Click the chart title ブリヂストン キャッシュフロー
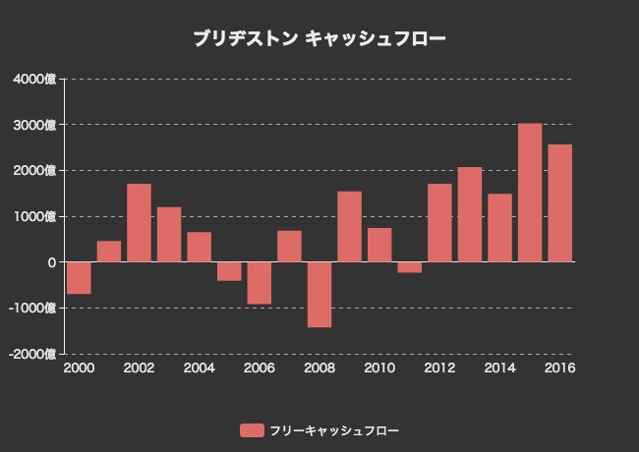[319, 39]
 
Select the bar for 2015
[530, 193]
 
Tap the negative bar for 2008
[319, 294]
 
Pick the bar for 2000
[79, 278]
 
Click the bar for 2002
[139, 223]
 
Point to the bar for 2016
[560, 203]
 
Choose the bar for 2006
[260, 283]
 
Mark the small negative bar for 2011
[410, 267]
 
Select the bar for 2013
[470, 214]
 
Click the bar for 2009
[350, 227]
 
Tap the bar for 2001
[109, 252]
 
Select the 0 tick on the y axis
[51, 262]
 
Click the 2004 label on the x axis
[199, 368]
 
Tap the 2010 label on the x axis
[379, 368]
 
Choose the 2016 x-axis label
[559, 368]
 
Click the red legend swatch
[253, 430]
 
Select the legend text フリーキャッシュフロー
[334, 430]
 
